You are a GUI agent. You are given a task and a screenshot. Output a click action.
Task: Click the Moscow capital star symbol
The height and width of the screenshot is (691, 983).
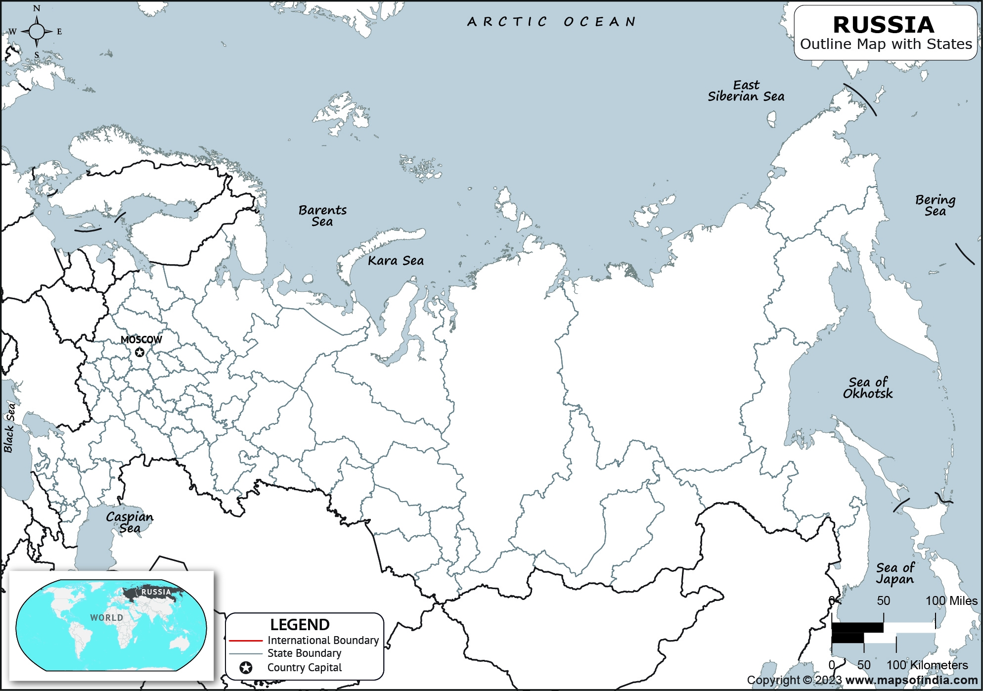coord(140,352)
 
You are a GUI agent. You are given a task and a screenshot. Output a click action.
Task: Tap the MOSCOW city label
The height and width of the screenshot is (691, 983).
coord(141,340)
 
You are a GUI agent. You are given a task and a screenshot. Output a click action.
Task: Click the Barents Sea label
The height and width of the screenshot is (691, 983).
coord(322,216)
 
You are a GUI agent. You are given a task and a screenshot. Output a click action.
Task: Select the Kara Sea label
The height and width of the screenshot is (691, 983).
coord(396,261)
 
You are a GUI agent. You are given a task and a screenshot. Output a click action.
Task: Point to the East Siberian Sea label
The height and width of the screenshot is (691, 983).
coord(746,91)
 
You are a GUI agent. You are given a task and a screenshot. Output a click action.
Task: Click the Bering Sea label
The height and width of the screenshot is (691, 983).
coord(935,205)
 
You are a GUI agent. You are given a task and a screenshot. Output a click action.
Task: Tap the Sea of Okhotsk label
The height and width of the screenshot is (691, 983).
coord(868,388)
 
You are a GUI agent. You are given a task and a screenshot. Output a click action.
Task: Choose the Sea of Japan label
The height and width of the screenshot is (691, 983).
coord(895,573)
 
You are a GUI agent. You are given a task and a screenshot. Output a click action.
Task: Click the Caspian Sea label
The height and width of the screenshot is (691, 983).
coord(130,522)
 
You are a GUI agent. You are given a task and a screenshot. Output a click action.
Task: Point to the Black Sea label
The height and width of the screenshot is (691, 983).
coord(9,428)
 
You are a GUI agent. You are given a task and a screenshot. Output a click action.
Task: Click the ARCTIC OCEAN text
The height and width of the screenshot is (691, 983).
coord(551,22)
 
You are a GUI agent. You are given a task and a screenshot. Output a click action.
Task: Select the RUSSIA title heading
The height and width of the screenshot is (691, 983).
coord(883,25)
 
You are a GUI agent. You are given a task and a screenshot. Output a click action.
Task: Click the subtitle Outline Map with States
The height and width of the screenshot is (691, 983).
coord(886,44)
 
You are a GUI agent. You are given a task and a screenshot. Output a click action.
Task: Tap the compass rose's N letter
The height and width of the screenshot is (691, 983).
coord(37,8)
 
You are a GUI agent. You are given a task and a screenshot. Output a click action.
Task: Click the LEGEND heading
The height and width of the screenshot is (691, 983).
coord(300,625)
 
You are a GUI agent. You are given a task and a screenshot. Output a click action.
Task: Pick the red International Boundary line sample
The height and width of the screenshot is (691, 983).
coord(245,641)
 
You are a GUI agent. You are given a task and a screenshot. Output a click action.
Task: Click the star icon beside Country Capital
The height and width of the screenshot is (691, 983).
coord(246,668)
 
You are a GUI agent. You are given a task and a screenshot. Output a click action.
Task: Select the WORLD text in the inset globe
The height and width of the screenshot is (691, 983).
coord(106,618)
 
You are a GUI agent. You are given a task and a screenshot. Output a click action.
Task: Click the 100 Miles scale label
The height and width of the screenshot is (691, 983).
coord(951,601)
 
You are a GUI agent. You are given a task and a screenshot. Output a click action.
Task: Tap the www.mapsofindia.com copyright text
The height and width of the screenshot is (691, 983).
coord(911,681)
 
